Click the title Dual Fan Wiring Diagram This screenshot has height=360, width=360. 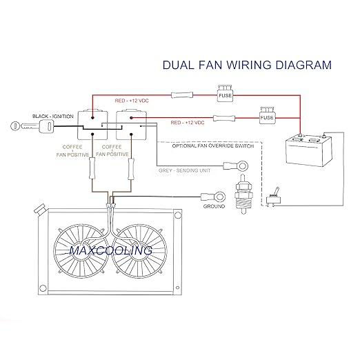coord(247,65)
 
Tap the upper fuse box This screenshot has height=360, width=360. coord(225,93)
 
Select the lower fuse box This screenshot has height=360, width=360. coord(267,116)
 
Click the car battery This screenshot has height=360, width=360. coord(309,150)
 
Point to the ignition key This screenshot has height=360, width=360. coord(32,126)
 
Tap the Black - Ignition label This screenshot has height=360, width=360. coord(53,117)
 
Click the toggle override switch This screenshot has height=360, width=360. coord(273,197)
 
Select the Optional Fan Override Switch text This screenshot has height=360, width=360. coord(213,146)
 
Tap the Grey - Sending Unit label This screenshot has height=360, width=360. coord(185,170)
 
